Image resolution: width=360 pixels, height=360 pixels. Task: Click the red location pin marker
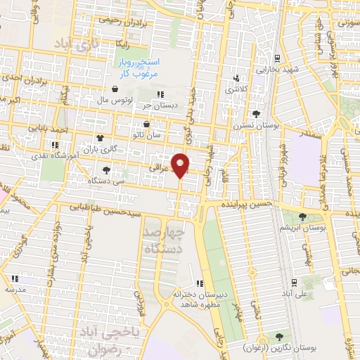pyautogui.click(x=181, y=165)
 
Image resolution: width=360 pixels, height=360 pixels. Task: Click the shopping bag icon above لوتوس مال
pyautogui.click(x=115, y=89)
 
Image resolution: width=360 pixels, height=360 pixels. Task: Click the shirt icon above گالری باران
pyautogui.click(x=99, y=138)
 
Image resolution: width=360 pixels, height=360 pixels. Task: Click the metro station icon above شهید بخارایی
pyautogui.click(x=278, y=58)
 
